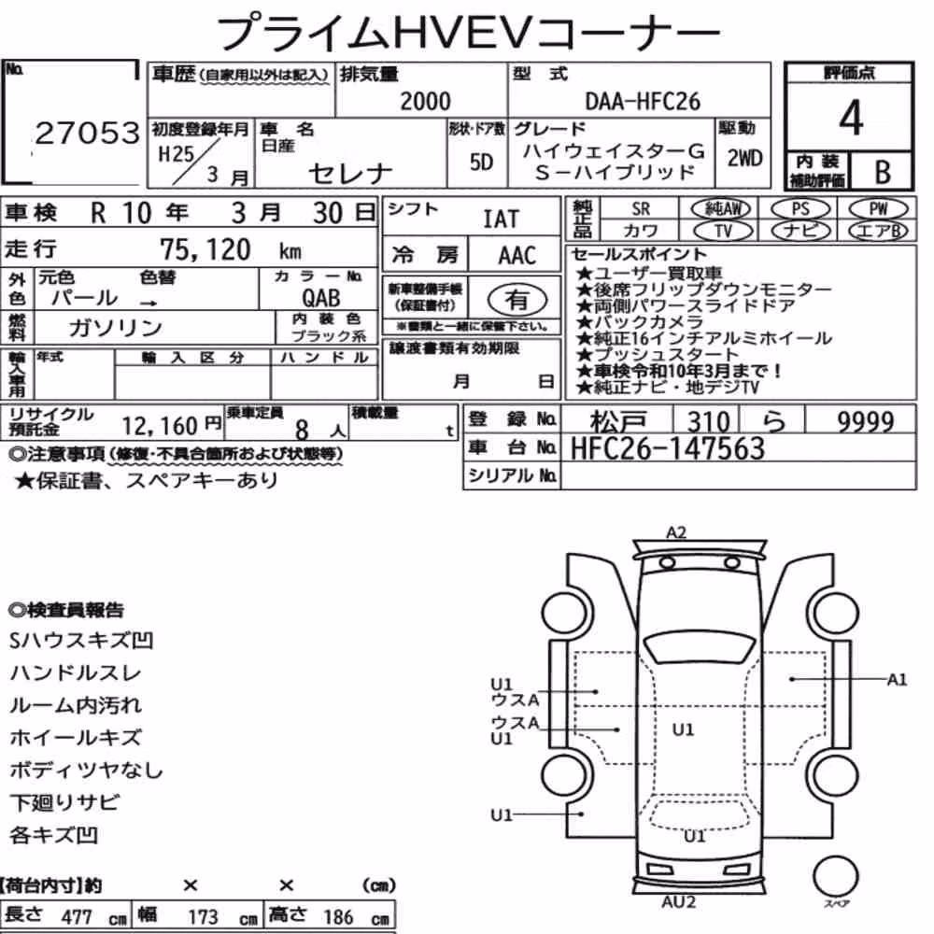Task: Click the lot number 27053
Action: pyautogui.click(x=88, y=133)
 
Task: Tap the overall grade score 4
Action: pyautogui.click(x=851, y=118)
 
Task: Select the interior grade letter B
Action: pyautogui.click(x=883, y=172)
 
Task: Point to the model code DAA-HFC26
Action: pyautogui.click(x=643, y=101)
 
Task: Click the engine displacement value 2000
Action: pyautogui.click(x=425, y=101)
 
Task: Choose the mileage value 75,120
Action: pyautogui.click(x=205, y=249)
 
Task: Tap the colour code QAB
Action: pyautogui.click(x=321, y=298)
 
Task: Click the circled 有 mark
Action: pyautogui.click(x=517, y=300)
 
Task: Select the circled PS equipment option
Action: pyautogui.click(x=800, y=209)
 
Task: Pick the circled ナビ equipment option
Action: pyautogui.click(x=800, y=231)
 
